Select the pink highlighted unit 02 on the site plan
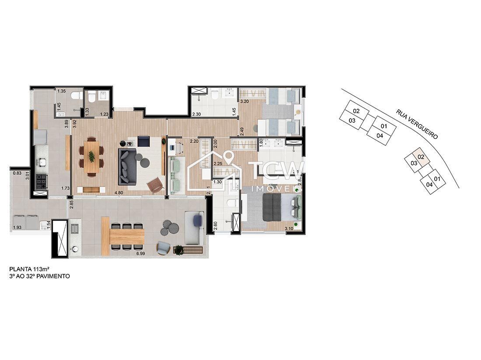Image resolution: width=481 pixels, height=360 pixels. pos(420,156)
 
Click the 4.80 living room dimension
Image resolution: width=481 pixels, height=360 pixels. pos(118,192)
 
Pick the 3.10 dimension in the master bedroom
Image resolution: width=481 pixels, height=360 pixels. pos(289,228)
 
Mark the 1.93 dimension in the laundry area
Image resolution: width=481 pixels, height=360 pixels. pos(17,228)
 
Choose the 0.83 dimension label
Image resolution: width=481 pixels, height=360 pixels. pos(17,173)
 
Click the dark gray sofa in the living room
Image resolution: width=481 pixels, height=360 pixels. pos(127,166)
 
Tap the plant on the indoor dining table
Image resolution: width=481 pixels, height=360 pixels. pos(91,156)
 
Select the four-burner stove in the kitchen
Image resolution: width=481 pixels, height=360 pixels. pos(41,180)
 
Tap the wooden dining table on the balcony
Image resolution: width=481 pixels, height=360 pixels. pos(127,236)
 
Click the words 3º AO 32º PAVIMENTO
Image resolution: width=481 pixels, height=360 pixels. pos(39,277)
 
